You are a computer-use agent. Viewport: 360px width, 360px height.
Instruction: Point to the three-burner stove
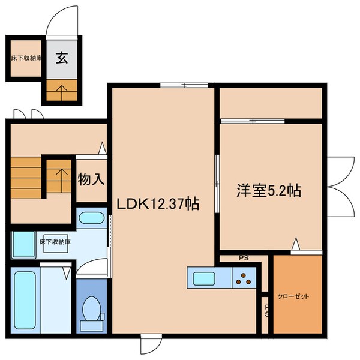[245, 278]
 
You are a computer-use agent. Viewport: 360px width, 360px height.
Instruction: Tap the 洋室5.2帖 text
[268, 191]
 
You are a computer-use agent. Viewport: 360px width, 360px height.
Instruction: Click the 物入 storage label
[91, 178]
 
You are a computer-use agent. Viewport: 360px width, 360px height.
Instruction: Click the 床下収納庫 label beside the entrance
[26, 58]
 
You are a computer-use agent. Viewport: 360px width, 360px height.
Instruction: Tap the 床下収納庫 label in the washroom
[55, 242]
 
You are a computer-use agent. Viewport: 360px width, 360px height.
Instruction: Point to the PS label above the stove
[244, 259]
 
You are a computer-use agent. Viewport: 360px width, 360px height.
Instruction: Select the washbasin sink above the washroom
[92, 217]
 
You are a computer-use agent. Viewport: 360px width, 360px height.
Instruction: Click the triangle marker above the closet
[295, 244]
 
